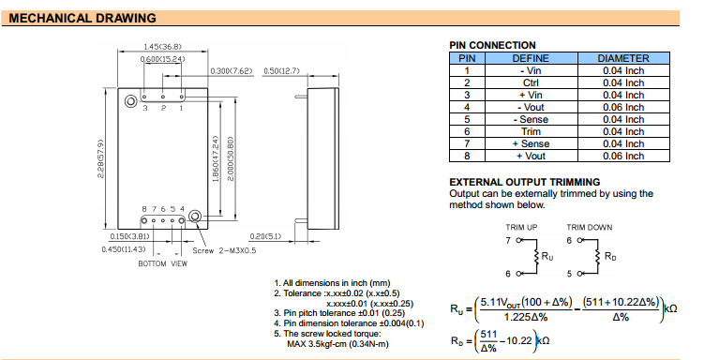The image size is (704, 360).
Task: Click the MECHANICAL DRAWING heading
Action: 82,19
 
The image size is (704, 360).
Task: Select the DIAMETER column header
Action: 623,58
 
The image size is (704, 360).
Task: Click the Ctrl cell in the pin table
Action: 531,83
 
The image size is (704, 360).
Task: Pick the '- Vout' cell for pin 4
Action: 531,107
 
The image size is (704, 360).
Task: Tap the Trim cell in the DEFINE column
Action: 531,131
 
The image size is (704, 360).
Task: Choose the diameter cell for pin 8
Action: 623,156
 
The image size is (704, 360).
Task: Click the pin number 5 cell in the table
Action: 467,119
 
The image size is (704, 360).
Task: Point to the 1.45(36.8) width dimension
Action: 162,47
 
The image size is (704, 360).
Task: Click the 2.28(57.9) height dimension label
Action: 100,158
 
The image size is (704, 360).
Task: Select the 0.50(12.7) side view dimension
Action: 281,71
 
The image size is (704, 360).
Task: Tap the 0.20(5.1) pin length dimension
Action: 265,236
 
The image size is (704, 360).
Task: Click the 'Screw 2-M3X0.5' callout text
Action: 224,250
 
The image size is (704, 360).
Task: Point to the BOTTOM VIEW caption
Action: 162,263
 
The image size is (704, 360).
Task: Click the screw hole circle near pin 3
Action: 130,101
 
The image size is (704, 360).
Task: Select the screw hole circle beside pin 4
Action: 195,217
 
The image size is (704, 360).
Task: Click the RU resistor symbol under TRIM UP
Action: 536,256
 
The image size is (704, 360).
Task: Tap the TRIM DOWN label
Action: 589,227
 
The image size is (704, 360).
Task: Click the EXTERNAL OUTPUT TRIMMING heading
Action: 525,182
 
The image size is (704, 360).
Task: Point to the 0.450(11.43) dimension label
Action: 124,249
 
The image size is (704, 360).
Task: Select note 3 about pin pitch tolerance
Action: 339,313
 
